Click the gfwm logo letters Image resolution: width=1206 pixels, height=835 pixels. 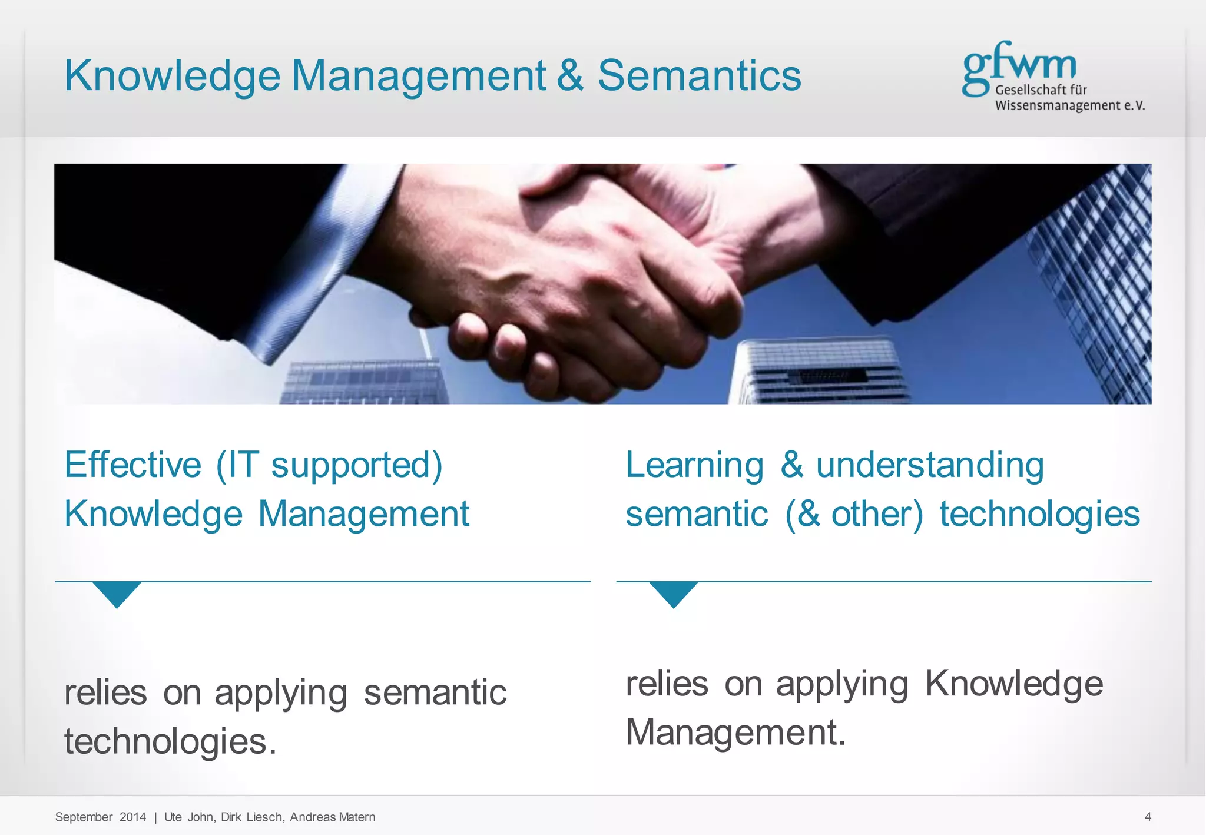point(1019,65)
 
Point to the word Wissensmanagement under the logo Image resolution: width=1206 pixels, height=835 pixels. point(1058,106)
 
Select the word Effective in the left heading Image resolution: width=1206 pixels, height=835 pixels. point(133,465)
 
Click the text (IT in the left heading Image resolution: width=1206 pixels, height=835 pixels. point(237,465)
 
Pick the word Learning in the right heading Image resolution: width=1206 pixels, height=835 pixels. point(694,465)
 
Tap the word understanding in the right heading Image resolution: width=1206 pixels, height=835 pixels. point(930,465)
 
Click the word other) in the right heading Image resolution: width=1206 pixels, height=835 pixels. point(877,514)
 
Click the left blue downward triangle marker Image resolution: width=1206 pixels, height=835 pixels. point(117,592)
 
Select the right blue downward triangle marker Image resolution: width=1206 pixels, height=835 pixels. point(674,592)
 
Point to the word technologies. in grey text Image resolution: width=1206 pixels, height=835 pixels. point(170,741)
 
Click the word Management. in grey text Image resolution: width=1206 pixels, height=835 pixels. point(735,733)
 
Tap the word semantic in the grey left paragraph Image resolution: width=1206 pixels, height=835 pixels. point(435,692)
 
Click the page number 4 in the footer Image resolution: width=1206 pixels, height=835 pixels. point(1148,817)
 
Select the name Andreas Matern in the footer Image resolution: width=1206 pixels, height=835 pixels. point(332,817)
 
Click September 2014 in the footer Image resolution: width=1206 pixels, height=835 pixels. point(100,817)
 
